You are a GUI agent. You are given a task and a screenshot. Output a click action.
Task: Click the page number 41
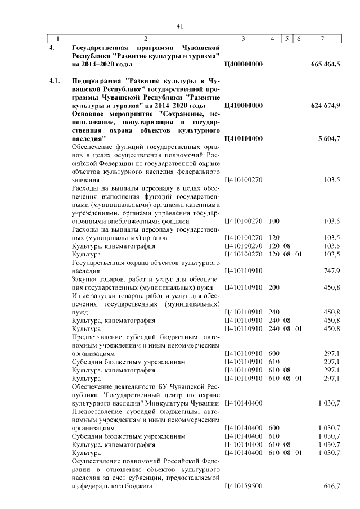180,26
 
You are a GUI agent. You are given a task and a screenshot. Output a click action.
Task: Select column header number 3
243,39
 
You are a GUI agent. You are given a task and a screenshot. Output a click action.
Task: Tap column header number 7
321,39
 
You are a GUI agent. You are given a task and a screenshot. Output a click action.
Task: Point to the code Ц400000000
243,65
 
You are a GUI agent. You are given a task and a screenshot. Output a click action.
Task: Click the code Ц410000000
243,105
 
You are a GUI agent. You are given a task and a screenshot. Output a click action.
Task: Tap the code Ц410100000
243,138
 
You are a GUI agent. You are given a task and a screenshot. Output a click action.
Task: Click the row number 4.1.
55,81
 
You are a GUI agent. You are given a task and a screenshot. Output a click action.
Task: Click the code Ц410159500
243,485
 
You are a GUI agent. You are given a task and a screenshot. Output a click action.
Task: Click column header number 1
57,39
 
